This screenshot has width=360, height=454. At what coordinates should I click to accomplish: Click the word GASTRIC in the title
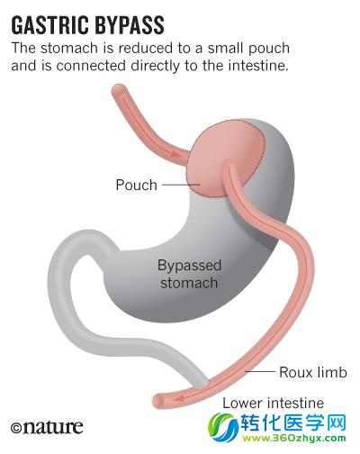(x=49, y=25)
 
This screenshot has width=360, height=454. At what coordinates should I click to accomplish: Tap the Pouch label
(x=137, y=185)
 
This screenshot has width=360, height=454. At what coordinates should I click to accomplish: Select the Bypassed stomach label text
(x=189, y=274)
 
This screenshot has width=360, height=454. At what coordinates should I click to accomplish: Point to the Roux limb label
(x=313, y=372)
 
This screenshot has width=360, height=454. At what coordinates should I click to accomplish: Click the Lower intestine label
(x=273, y=403)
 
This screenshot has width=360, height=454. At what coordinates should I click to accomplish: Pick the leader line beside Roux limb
(x=260, y=372)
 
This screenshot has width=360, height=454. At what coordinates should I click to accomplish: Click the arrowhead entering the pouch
(x=176, y=154)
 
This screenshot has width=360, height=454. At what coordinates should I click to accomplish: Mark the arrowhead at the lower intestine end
(x=179, y=399)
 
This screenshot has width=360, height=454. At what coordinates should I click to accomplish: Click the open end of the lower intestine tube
(x=158, y=401)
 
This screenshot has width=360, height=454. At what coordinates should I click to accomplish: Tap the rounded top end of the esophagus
(x=120, y=89)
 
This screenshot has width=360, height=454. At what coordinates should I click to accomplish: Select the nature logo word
(x=53, y=427)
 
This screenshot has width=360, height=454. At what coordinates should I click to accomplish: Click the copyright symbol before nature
(x=16, y=428)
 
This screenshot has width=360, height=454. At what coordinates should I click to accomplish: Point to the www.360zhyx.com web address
(x=294, y=439)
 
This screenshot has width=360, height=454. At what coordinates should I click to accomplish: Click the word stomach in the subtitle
(x=69, y=48)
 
